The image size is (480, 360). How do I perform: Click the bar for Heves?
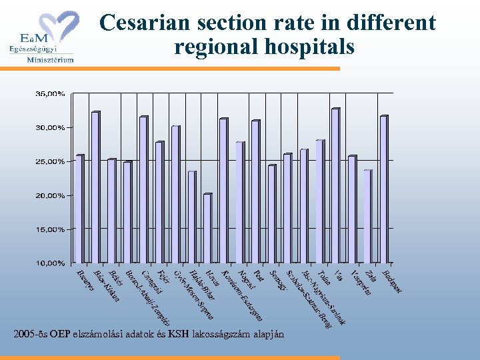(207, 227)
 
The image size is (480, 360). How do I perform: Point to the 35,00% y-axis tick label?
(50, 94)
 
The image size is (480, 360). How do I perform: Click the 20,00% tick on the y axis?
(50, 195)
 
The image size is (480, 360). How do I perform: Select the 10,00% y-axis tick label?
(50, 263)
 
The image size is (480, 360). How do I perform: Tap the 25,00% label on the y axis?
(50, 161)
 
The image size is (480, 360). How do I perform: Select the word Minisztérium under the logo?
(50, 59)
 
